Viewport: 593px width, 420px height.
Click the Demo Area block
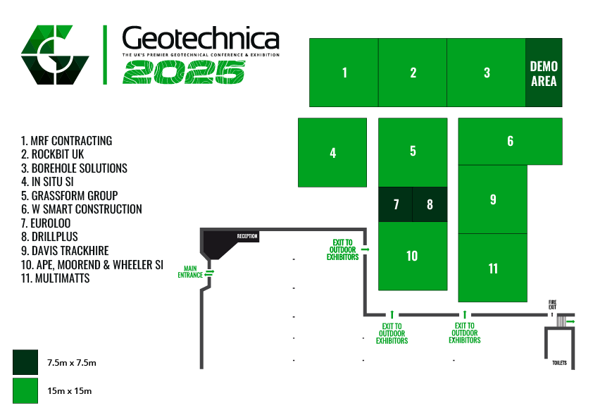coord(544,73)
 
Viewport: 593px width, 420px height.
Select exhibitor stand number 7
coord(396,204)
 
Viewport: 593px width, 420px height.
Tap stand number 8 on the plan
coord(430,204)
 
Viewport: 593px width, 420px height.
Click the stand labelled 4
coord(332,152)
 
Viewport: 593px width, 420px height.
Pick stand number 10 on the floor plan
coord(413,257)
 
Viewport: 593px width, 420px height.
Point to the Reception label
coord(247,236)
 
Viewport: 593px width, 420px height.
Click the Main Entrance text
coord(190,272)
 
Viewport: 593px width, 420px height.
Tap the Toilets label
coord(560,363)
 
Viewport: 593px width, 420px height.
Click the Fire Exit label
coord(553,304)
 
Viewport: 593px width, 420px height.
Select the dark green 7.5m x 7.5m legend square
coord(25,362)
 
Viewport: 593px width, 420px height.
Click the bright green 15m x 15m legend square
coord(25,390)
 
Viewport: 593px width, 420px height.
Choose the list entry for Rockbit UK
coord(53,154)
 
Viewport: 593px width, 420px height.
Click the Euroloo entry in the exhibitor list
coord(46,223)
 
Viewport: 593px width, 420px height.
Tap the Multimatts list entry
coord(55,278)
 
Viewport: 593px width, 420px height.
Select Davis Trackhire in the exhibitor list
coord(65,251)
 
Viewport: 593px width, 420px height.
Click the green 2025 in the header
coord(184,73)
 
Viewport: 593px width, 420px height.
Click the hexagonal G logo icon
coord(55,55)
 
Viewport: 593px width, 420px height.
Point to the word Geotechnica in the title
coord(201,38)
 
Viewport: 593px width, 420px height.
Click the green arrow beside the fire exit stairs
coord(570,321)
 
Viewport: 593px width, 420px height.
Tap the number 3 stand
coord(487,73)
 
